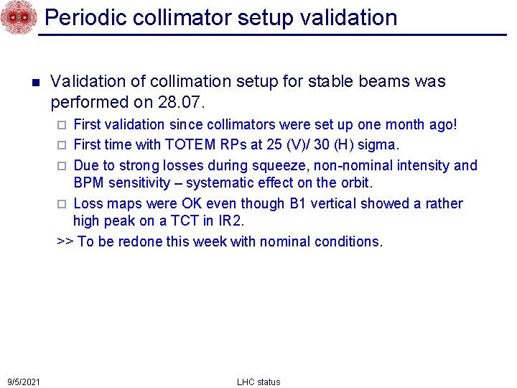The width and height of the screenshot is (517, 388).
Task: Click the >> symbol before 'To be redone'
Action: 65,241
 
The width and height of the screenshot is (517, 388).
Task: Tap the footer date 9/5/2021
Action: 24,382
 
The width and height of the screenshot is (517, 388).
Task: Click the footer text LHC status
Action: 258,382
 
